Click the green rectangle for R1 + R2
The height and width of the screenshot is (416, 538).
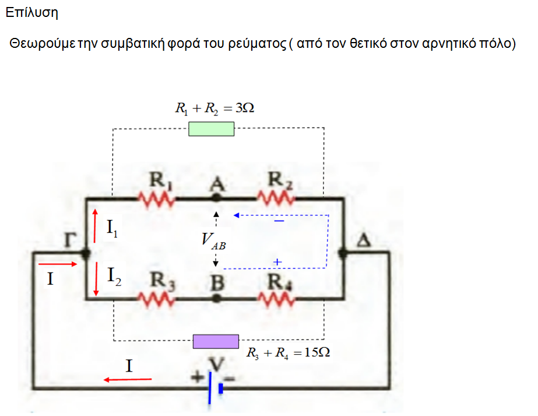[211, 129]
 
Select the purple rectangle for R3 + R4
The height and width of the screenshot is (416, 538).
[216, 341]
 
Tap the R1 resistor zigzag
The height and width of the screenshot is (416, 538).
[157, 199]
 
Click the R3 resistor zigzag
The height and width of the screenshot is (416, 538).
[157, 298]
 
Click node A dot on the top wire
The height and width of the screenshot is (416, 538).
[216, 198]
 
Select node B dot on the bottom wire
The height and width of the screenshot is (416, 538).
[216, 298]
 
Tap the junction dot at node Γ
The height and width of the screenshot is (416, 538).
[86, 254]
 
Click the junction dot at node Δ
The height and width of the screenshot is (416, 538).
[343, 253]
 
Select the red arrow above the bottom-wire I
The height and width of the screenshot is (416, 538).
[127, 380]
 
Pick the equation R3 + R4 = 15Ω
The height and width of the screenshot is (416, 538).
[289, 353]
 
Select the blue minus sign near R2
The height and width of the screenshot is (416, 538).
[279, 222]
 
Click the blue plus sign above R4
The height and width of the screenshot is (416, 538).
[277, 263]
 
